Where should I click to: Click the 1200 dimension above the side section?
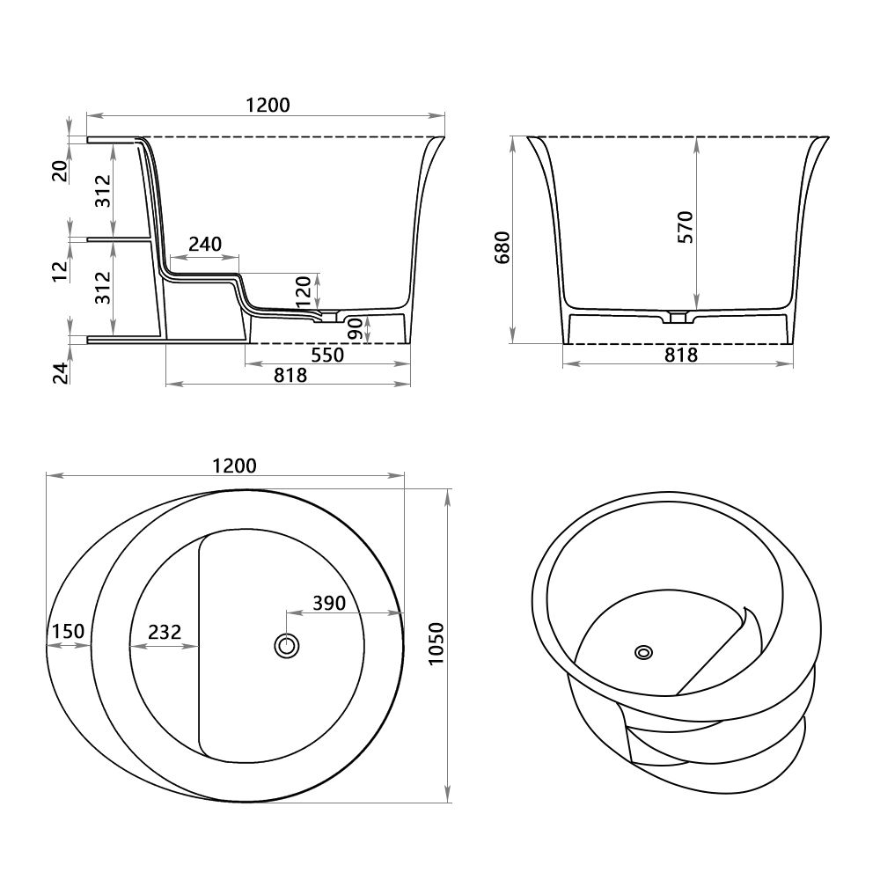268,105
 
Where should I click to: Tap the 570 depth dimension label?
686,226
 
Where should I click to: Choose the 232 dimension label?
165,631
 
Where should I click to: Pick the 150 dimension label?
68,631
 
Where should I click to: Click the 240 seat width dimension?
204,244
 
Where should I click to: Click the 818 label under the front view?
679,356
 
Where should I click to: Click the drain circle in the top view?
285,645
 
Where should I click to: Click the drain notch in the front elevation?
677,317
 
